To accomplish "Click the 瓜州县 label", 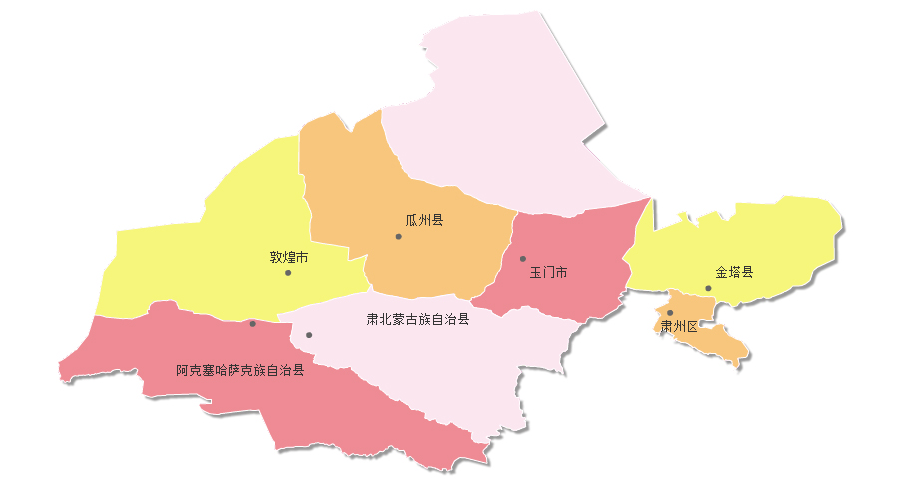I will tap(424, 220).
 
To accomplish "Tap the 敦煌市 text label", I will tap(289, 256).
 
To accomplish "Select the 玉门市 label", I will tap(548, 272).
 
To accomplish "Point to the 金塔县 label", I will tap(734, 272).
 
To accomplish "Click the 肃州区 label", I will tap(679, 326).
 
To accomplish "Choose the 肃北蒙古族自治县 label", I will tap(418, 320).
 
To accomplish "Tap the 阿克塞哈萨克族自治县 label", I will tap(240, 370).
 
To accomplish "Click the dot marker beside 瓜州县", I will tap(398, 237).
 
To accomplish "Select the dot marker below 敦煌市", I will tap(288, 273).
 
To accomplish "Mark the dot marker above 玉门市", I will tap(522, 259).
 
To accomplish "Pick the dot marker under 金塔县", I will tap(709, 289).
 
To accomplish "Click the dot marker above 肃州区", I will tap(670, 313).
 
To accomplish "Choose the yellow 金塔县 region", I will tap(778, 240).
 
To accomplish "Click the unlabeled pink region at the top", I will tap(499, 110).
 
